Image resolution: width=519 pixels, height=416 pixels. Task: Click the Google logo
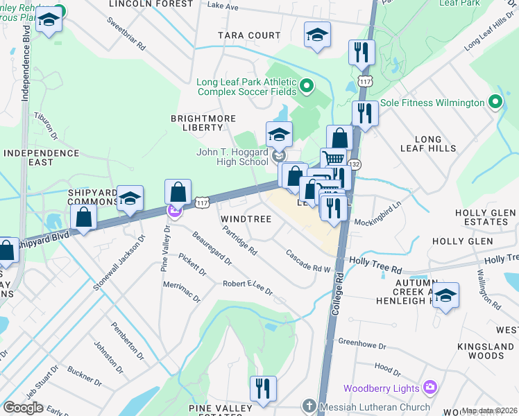coord(23,408)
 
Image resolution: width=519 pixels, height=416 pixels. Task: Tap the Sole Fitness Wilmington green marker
coord(495,103)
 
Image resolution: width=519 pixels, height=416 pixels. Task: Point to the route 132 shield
coord(355,164)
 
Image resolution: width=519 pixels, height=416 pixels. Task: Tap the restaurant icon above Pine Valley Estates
coord(263,390)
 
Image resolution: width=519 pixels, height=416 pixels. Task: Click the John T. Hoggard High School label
coord(232,157)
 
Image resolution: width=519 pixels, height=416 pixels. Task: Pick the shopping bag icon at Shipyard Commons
coord(83,218)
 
